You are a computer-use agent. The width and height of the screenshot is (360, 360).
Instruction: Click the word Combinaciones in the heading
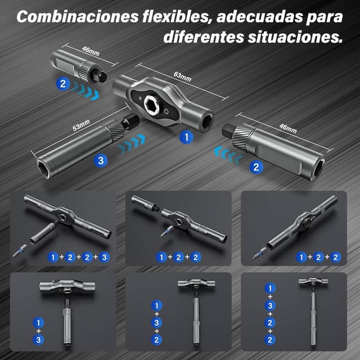pos(78,16)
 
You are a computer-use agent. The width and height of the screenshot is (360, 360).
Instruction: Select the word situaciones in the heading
pos(295,37)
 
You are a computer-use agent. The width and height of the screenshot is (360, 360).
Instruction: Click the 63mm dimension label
pos(182,76)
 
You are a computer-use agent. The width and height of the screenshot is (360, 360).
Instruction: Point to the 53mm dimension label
pos(81,125)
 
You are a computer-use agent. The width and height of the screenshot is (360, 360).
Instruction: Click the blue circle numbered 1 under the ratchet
pos(186,137)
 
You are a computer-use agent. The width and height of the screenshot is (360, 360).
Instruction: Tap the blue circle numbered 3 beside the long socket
pos(101,160)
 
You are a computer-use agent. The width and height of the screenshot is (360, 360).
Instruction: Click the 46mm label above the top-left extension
pos(91,51)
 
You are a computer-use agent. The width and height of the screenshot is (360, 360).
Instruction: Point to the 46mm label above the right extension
pos(288,128)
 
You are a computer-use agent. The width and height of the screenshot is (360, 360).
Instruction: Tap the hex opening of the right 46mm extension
pos(319,169)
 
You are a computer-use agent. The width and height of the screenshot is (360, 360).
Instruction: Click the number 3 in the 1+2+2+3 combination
pos(104,257)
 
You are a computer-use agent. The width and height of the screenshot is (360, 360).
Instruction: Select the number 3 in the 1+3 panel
pos(38,340)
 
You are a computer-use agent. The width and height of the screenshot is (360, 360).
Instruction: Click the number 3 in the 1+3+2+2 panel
pos(270,305)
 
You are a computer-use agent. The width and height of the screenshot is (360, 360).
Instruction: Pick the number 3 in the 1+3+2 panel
pos(156,323)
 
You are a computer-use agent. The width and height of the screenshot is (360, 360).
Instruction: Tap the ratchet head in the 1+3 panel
pos(67,287)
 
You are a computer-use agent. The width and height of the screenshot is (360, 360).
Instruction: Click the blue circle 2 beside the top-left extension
pos(63,84)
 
